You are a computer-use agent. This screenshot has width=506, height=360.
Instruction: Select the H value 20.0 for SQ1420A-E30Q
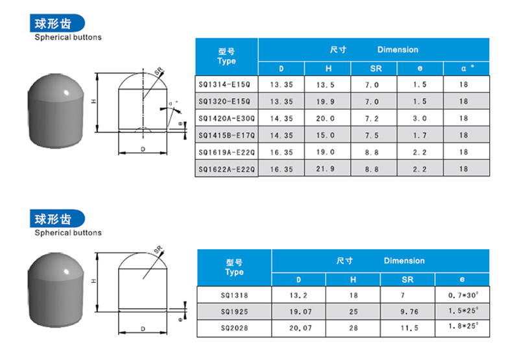click(325, 119)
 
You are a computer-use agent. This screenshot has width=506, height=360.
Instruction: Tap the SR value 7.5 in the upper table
click(372, 136)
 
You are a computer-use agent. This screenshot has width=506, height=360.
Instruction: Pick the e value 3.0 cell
click(420, 119)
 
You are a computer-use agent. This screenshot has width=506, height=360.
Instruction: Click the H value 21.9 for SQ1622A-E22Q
click(325, 169)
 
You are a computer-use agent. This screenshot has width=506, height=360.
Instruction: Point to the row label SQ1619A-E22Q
click(226, 152)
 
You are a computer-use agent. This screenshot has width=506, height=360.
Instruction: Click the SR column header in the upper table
click(376, 68)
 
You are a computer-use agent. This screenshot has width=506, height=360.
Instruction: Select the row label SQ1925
click(234, 311)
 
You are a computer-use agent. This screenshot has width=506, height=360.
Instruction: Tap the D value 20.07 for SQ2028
click(300, 328)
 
